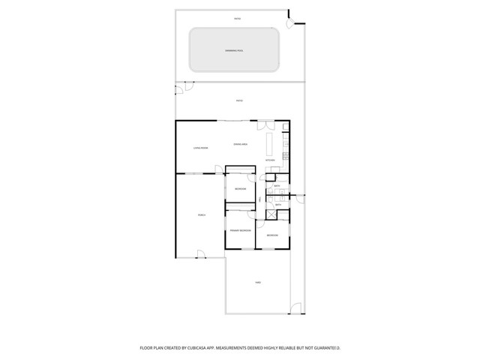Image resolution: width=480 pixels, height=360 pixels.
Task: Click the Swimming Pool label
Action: click(x=235, y=50)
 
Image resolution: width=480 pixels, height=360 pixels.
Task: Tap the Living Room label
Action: click(x=200, y=148)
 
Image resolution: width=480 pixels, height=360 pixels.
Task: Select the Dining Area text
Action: click(x=240, y=143)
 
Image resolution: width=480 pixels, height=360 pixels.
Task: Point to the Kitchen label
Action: click(x=269, y=160)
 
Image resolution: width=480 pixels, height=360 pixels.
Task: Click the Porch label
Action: click(x=201, y=215)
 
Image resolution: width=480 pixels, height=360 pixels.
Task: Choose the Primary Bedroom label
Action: click(x=240, y=230)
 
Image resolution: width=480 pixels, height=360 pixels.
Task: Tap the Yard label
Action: click(x=257, y=283)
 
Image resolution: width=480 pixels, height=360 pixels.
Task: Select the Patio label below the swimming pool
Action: click(x=239, y=100)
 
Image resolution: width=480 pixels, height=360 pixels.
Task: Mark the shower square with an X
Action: click(x=283, y=214)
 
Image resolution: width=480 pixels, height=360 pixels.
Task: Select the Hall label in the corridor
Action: click(x=260, y=199)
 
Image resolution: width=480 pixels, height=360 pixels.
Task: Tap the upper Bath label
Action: click(x=277, y=186)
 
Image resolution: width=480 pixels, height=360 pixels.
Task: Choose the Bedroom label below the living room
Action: click(x=240, y=189)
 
